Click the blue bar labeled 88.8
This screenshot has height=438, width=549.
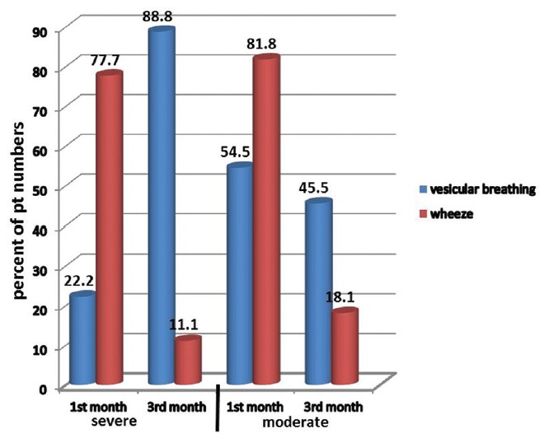(162, 206)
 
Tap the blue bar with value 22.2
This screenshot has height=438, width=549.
(83, 338)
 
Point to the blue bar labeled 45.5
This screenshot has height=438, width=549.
(317, 292)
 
